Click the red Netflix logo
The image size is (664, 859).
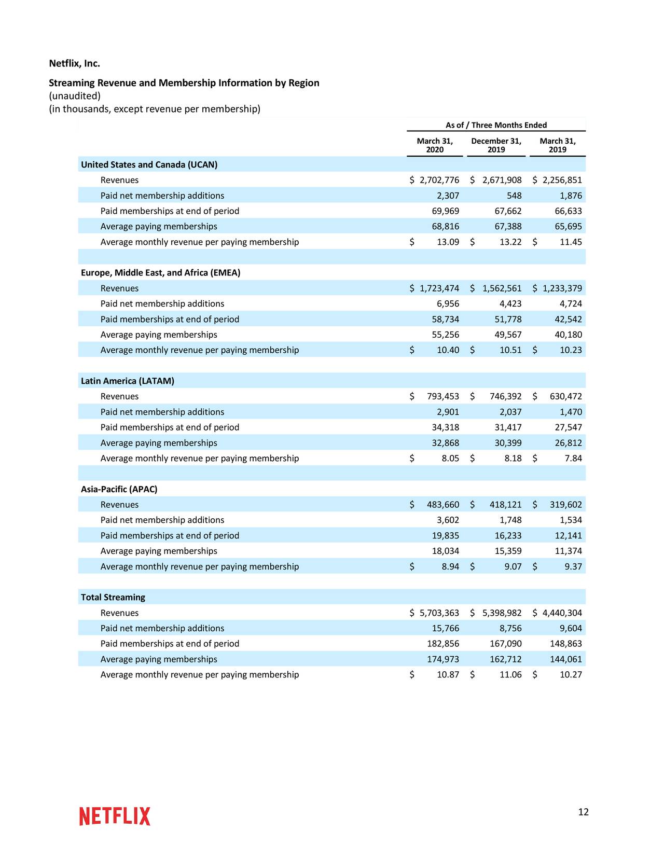point(115,816)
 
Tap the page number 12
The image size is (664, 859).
point(583,812)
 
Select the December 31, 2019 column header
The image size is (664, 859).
point(496,145)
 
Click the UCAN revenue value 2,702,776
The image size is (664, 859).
point(439,180)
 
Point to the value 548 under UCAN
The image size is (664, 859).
point(514,196)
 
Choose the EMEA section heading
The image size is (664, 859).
point(160,273)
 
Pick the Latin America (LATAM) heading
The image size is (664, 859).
point(128,381)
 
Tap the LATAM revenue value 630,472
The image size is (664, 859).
point(565,396)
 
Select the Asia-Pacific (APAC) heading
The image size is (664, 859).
point(119,489)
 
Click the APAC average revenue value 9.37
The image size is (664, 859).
point(573,566)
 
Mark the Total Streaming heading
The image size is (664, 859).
point(113,597)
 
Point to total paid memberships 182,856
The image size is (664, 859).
point(442,644)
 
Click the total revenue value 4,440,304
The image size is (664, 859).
point(562,613)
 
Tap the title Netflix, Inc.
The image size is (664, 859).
point(74,63)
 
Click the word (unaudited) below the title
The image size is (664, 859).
point(75,96)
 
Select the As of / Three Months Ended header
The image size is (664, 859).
point(496,125)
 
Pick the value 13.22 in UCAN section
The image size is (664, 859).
point(510,242)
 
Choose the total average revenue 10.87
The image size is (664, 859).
point(448,674)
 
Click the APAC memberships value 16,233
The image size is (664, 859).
point(508,535)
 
